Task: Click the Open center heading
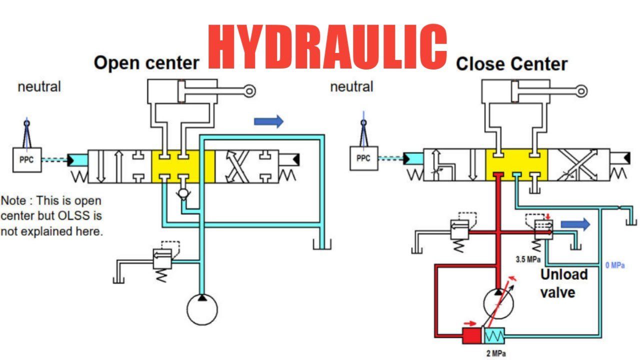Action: pos(146,63)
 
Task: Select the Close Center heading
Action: pos(511,64)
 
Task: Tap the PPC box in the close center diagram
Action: pos(363,159)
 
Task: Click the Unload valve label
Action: pos(564,283)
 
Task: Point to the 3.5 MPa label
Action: pos(527,260)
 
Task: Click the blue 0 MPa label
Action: pos(615,265)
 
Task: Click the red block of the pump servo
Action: pos(471,335)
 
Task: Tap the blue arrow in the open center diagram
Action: pos(268,121)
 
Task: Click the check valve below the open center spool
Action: pos(183,193)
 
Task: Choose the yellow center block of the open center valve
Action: pos(182,165)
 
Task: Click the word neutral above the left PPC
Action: pos(39,86)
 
